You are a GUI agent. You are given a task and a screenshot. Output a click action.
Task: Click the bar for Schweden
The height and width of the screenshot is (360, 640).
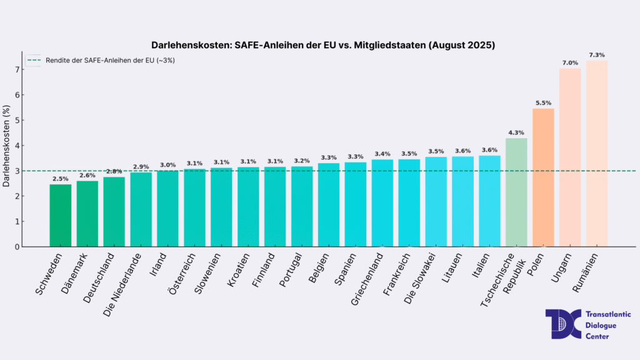click(x=61, y=216)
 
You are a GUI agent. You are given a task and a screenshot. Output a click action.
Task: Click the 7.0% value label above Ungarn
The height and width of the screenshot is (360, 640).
click(x=570, y=63)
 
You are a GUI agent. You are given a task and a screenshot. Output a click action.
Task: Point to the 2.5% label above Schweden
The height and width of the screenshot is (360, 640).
click(x=61, y=179)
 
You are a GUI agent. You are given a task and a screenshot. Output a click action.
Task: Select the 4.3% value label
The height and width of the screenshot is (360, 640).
click(x=516, y=132)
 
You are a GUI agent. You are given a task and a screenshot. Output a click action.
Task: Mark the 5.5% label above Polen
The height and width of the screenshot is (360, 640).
click(x=543, y=103)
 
